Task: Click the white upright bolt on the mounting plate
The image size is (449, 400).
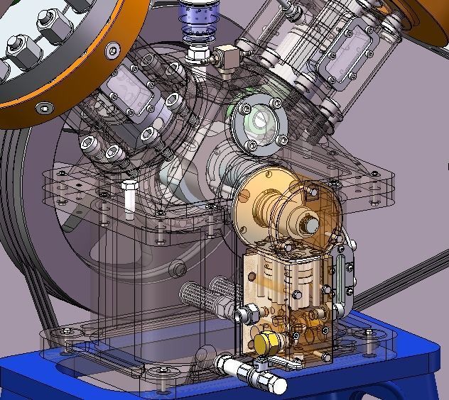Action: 129,199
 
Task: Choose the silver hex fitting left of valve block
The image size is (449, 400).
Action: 249,313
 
